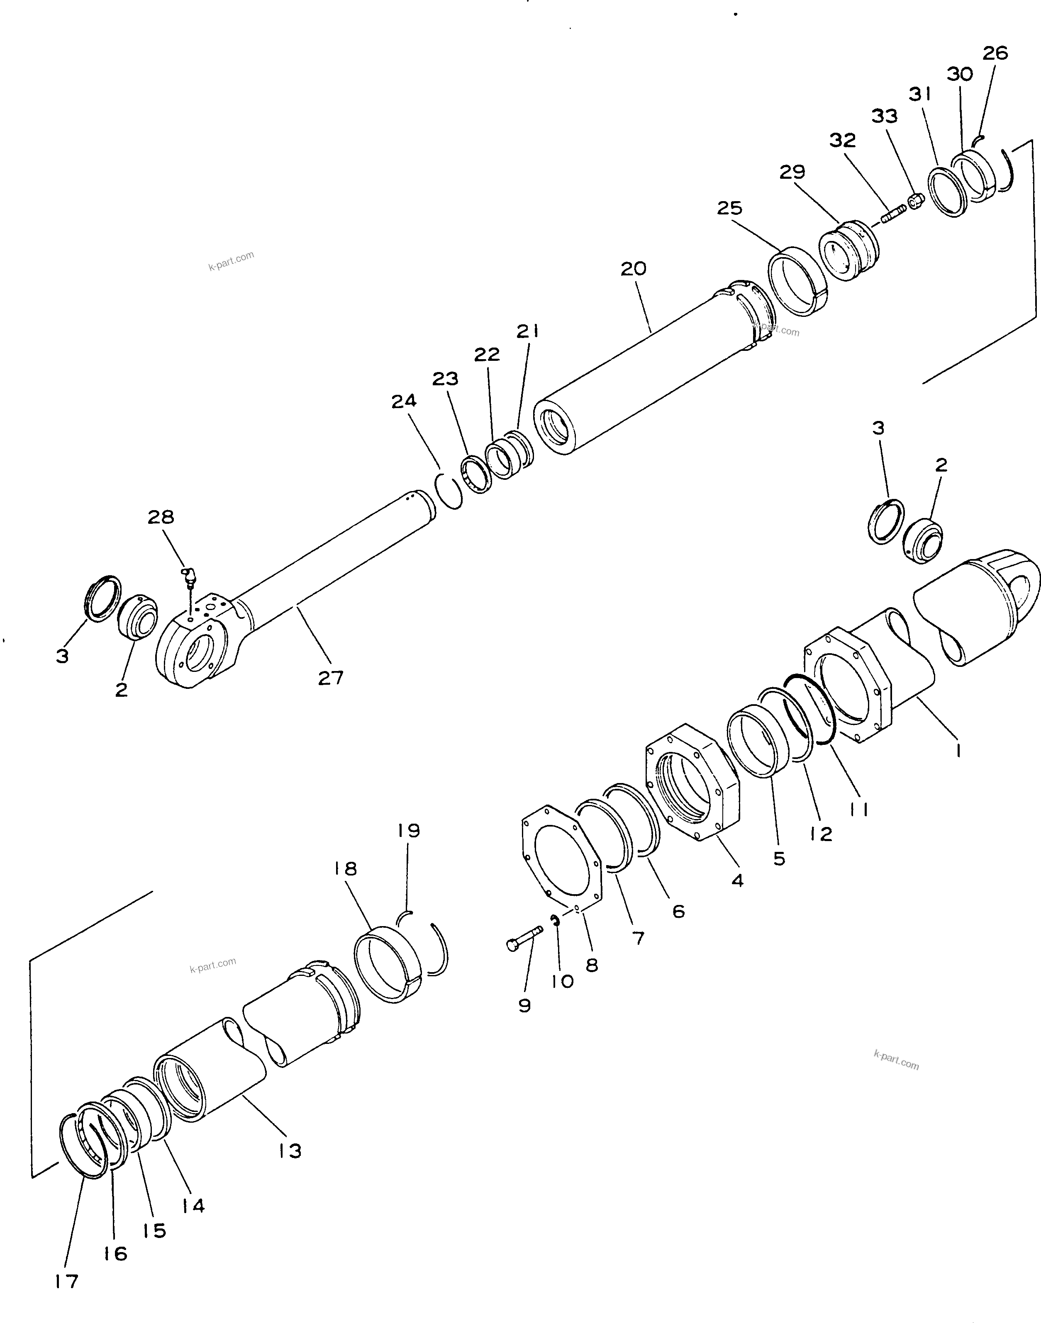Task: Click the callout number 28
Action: pos(161,518)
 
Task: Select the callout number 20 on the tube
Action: pos(633,269)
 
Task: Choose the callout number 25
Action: pos(729,208)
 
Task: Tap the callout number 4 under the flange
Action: pos(737,880)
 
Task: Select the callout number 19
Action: pos(409,831)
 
